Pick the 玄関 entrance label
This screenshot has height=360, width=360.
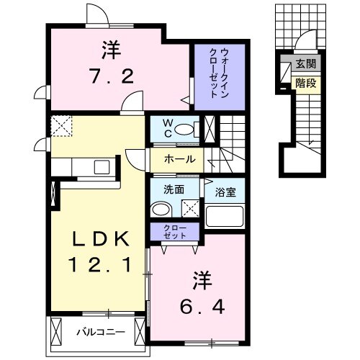pyautogui.click(x=305, y=65)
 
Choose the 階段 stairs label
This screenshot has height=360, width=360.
pyautogui.click(x=305, y=84)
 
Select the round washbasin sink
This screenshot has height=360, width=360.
pyautogui.click(x=162, y=210)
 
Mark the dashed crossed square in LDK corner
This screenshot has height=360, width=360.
pyautogui.click(x=63, y=127)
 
